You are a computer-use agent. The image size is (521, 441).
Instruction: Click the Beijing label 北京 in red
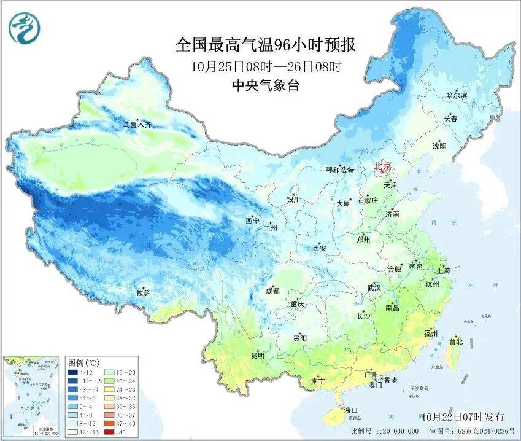pos(384,165)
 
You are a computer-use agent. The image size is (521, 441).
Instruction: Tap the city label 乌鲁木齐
pos(137,125)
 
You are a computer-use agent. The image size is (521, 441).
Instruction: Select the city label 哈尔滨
pos(457,96)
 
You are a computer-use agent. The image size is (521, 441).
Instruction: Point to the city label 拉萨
pos(143,294)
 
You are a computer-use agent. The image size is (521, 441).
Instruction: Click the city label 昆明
pos(257,356)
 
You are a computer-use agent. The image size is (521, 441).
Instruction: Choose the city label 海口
pos(351,410)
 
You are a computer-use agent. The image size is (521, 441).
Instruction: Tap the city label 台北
pos(456,341)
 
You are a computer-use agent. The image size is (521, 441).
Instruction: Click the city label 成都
pos(273,291)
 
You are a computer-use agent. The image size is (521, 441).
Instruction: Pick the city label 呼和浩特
pos(339,170)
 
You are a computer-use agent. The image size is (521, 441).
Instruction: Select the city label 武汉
pos(374,287)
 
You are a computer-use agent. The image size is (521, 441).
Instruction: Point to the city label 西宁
pos(252,221)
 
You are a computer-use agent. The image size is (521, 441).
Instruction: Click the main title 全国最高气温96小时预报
pos(266,45)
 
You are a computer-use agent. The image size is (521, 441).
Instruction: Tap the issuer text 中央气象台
pos(266,86)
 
